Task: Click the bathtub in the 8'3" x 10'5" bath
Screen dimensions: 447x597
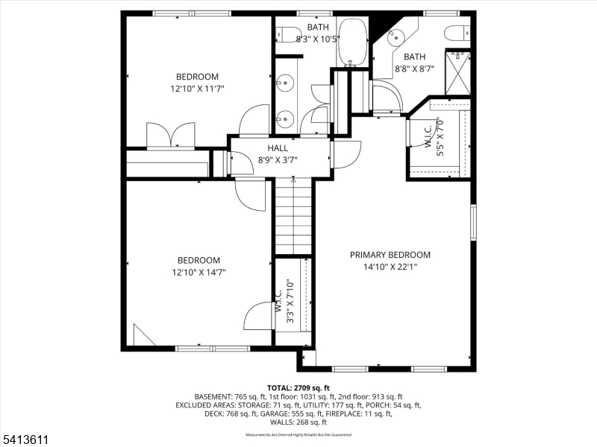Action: click(x=351, y=42)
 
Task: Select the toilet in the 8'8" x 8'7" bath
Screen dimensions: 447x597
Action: click(x=455, y=34)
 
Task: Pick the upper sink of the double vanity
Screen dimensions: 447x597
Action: click(x=284, y=83)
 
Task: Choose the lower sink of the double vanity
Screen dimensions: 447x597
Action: click(x=284, y=117)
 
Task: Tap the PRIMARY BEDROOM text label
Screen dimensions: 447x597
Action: click(x=390, y=254)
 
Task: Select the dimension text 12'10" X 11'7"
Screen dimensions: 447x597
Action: click(x=197, y=89)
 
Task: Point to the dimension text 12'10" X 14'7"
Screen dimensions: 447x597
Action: click(x=199, y=272)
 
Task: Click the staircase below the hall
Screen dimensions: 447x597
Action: click(x=293, y=217)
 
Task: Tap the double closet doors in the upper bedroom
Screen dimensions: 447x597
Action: click(x=171, y=136)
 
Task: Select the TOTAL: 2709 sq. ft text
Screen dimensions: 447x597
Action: click(x=298, y=388)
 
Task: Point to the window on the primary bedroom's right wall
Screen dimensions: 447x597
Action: click(x=472, y=222)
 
